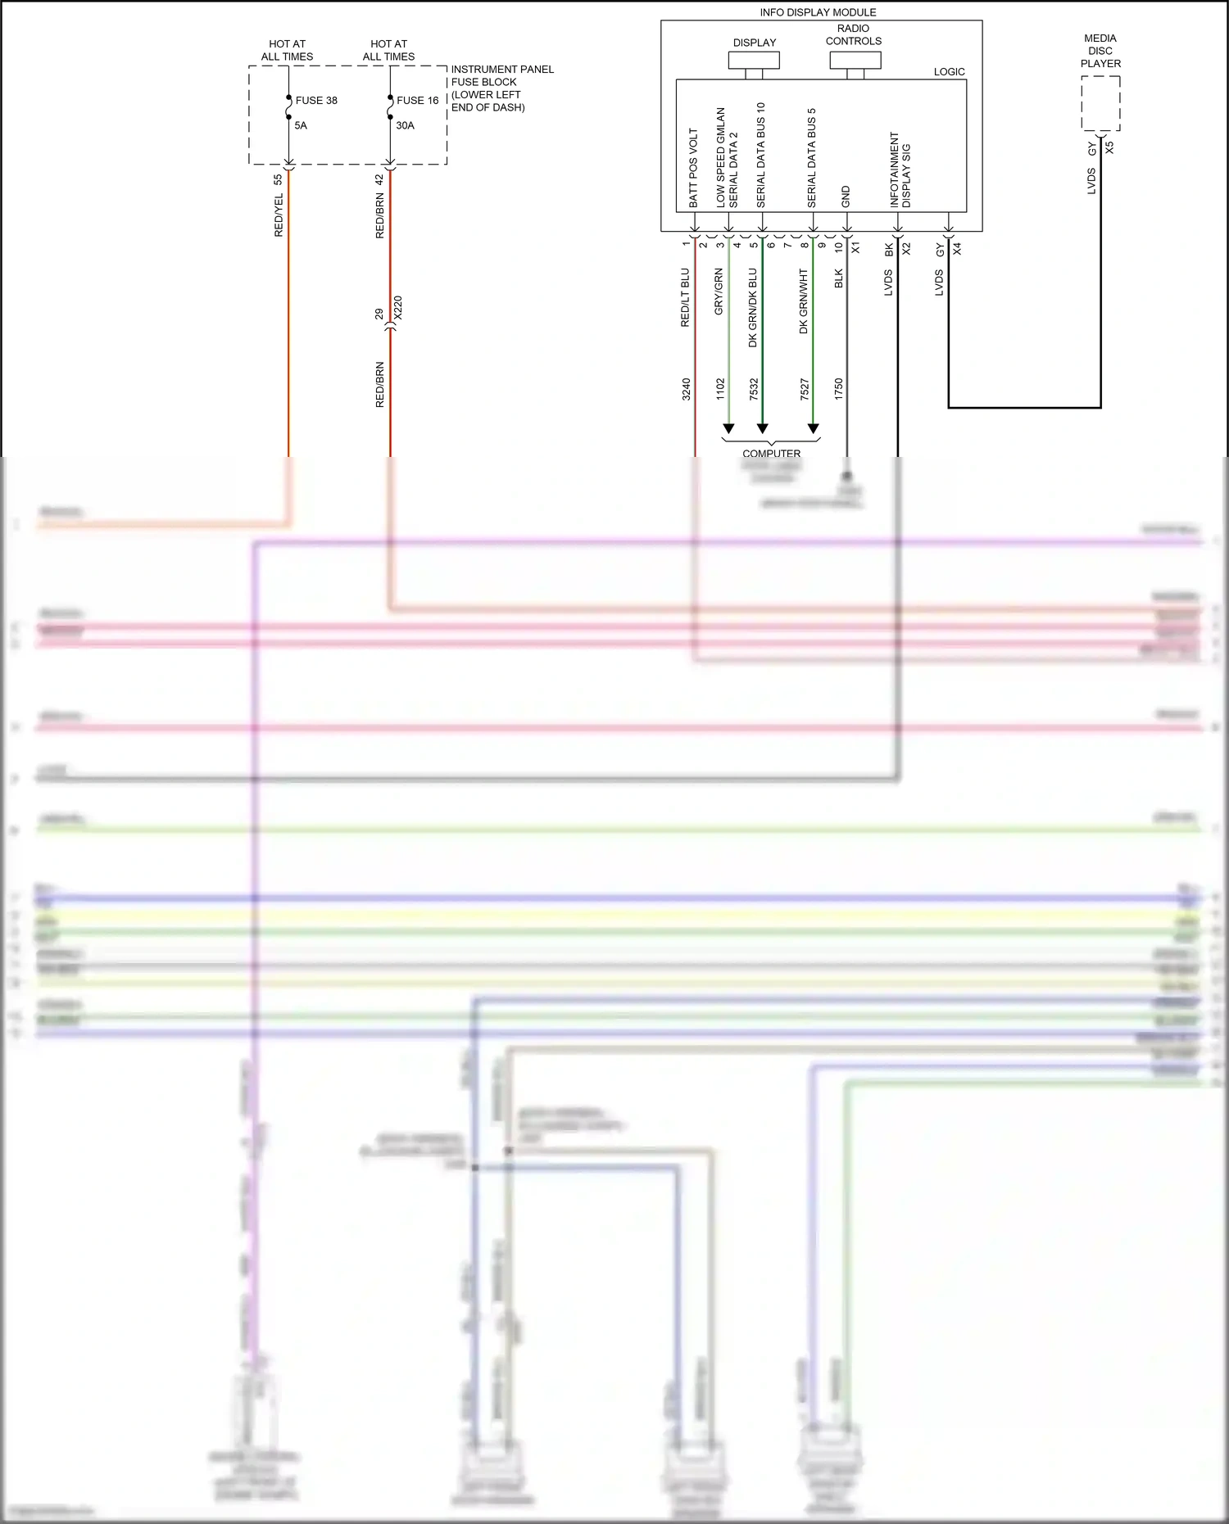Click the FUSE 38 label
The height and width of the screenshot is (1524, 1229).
click(x=316, y=101)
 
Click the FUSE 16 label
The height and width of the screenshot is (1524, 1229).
click(x=417, y=101)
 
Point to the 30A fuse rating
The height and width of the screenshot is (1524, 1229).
click(x=405, y=125)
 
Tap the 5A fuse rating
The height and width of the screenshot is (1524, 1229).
click(x=301, y=125)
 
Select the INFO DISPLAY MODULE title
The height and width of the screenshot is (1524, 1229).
click(x=818, y=12)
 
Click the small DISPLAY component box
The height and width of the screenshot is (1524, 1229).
click(x=754, y=61)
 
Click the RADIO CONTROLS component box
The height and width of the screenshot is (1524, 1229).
click(x=855, y=61)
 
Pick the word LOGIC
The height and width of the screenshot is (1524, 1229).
click(x=949, y=72)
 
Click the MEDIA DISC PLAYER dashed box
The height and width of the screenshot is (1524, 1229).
click(x=1100, y=103)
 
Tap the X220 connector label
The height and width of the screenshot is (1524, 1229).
click(x=398, y=308)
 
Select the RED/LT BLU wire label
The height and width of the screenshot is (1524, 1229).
click(x=686, y=297)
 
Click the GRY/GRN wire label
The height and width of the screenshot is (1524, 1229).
click(x=719, y=292)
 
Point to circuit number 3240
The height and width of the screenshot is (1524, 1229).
click(x=687, y=389)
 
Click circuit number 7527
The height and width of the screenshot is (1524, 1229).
click(x=805, y=389)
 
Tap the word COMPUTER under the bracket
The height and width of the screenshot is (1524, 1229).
click(x=771, y=454)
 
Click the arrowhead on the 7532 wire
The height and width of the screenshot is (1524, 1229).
click(x=762, y=428)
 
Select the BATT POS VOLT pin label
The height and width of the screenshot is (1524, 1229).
click(x=693, y=167)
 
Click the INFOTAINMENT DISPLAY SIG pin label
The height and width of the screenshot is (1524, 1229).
click(x=900, y=170)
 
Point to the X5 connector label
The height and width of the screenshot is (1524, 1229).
click(x=1109, y=148)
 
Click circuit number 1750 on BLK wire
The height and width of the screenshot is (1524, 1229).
click(x=839, y=389)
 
